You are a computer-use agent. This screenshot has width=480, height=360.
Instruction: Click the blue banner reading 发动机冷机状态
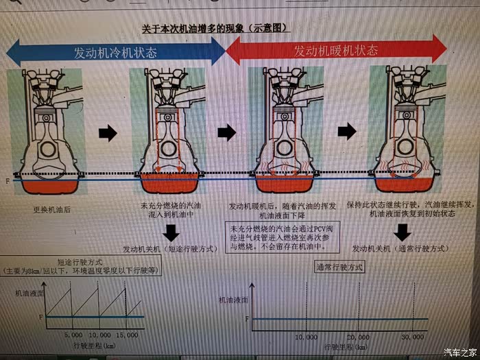click(x=116, y=52)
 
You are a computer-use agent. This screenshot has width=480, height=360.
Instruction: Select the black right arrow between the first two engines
click(x=108, y=133)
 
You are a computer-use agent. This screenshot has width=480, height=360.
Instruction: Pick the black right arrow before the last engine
click(x=348, y=130)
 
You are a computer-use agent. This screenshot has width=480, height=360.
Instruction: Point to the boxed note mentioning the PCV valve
click(x=280, y=237)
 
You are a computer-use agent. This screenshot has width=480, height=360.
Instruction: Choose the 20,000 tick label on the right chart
click(x=357, y=337)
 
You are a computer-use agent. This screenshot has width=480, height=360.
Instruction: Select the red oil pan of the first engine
click(x=46, y=185)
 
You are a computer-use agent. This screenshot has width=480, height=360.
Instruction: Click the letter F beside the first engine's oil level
click(x=7, y=180)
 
